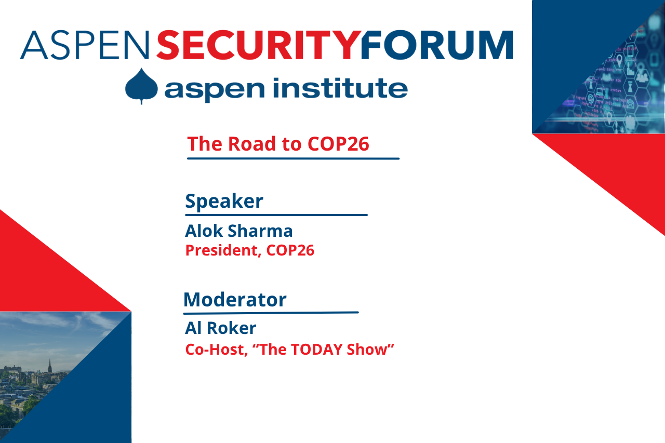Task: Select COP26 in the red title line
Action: tap(338, 144)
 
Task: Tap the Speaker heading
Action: tap(224, 201)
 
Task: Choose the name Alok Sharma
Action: tap(239, 231)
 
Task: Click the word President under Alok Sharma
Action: tap(222, 250)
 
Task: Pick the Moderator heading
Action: tap(235, 300)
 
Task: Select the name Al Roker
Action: tap(220, 328)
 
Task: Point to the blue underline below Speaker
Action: tap(276, 214)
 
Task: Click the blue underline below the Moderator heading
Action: tap(271, 313)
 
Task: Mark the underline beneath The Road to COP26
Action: tap(293, 158)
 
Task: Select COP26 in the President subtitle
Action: tap(290, 250)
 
